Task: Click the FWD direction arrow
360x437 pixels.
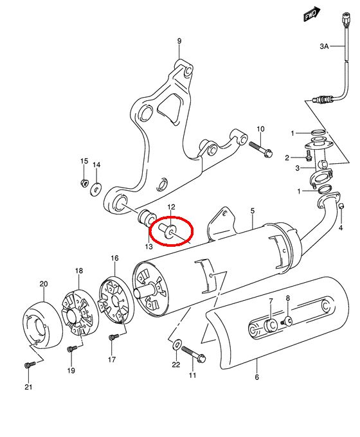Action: coord(312,14)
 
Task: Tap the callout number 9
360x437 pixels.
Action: coord(179,41)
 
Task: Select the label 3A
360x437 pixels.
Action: coord(324,46)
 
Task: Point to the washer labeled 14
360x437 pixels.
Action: coord(96,190)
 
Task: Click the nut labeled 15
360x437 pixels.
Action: coord(84,183)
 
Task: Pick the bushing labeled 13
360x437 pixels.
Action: coord(147,218)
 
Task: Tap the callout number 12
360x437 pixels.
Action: coord(171,207)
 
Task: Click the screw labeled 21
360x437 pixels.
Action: coord(30,365)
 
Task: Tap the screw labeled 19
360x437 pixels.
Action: coord(72,348)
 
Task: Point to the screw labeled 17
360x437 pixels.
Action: coord(113,337)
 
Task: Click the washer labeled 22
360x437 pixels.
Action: coord(177,344)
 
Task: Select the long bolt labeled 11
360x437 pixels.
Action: coord(194,354)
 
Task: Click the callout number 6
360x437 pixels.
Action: coord(257,377)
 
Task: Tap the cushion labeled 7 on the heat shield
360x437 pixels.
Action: coord(270,326)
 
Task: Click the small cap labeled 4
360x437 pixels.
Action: coord(341,206)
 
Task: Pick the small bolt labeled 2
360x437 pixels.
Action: coord(309,156)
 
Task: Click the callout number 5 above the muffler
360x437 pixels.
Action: coord(253,211)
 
